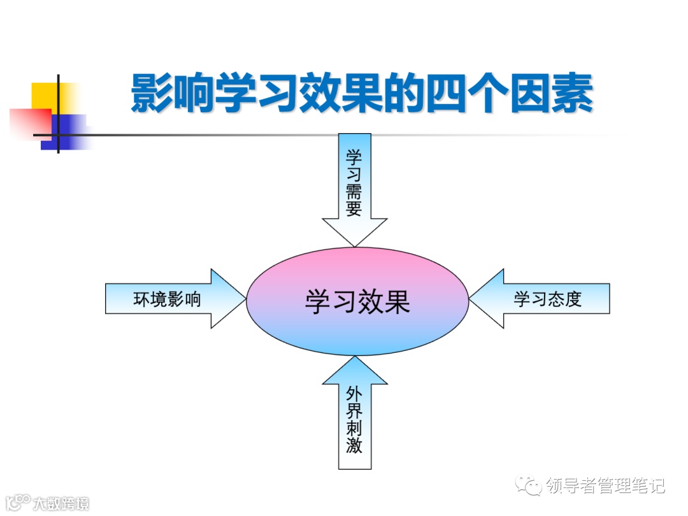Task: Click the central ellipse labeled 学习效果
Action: (357, 301)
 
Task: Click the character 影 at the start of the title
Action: (152, 94)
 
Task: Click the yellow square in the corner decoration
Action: (48, 96)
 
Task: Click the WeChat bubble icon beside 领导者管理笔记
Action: (531, 486)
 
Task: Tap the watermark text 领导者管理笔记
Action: (606, 486)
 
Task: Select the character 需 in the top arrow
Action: (354, 192)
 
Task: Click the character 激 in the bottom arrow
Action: (354, 445)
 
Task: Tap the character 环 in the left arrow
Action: (142, 299)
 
